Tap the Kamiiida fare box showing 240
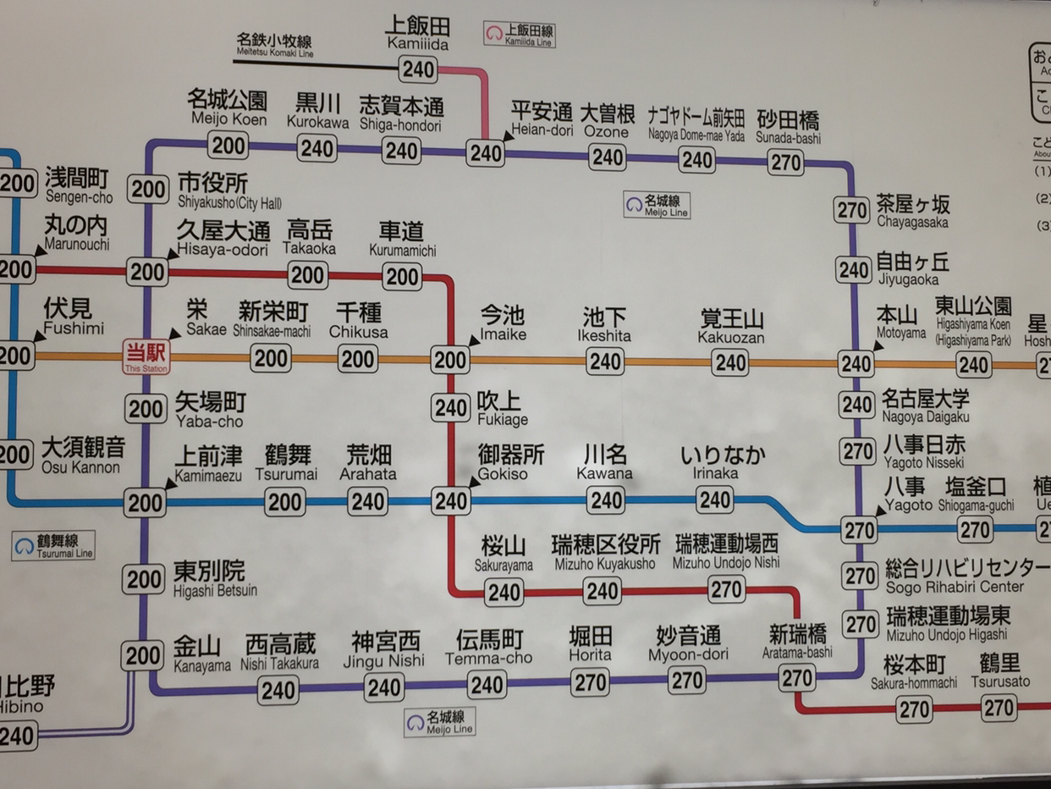tap(419, 69)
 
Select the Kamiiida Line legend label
tap(520, 34)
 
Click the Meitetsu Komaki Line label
tap(275, 45)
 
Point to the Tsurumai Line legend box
tap(53, 545)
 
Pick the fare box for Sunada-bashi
tap(786, 162)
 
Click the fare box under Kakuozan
tap(729, 362)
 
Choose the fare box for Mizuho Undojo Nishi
tap(726, 589)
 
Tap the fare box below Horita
tap(589, 681)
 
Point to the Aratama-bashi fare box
tap(797, 677)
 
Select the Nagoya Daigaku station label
tap(926, 406)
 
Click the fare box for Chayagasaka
tap(852, 209)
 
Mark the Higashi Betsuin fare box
tap(144, 580)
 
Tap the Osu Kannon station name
tap(83, 455)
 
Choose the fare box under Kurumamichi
tap(402, 277)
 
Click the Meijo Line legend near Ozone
tap(658, 205)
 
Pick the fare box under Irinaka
tap(715, 499)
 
